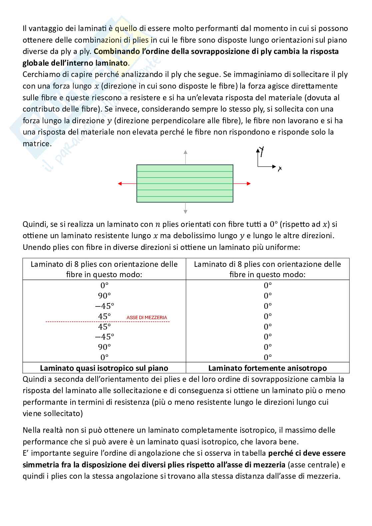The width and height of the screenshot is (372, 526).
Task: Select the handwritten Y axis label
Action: pos(262,152)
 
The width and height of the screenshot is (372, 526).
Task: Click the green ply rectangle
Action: pos(185,184)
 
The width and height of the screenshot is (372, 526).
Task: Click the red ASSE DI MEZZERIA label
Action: pos(147,317)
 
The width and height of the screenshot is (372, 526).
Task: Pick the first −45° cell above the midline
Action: pos(104,306)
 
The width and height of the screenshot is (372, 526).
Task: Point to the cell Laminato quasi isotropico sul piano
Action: pos(104,368)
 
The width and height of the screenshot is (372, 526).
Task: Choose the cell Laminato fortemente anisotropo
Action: pos(267,368)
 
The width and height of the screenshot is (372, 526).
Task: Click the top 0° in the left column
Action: pos(104,285)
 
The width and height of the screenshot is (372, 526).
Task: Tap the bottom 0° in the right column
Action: pos(268,357)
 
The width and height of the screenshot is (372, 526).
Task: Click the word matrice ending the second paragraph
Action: pos(36,144)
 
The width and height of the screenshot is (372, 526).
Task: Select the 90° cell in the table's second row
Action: pos(104,295)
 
